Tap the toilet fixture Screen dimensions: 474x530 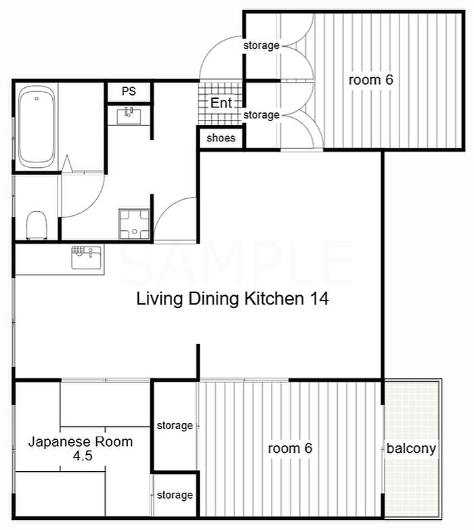[37, 225]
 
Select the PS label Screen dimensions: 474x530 [129, 91]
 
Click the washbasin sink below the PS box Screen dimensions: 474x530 [129, 116]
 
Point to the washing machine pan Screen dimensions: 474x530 [135, 225]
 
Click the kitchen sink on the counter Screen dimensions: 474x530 [86, 258]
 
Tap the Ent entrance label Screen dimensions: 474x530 [221, 103]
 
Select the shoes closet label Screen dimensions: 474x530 [221, 138]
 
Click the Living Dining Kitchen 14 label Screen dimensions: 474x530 [232, 299]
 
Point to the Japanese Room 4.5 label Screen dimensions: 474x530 [81, 449]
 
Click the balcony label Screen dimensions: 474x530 [411, 449]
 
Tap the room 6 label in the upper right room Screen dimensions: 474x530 [371, 80]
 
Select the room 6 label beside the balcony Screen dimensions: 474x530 [290, 449]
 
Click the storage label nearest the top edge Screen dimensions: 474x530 [261, 45]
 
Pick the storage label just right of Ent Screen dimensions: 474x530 [261, 115]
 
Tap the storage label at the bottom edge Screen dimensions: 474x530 [175, 495]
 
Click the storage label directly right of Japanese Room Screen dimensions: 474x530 [175, 426]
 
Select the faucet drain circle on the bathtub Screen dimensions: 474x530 [37, 99]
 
